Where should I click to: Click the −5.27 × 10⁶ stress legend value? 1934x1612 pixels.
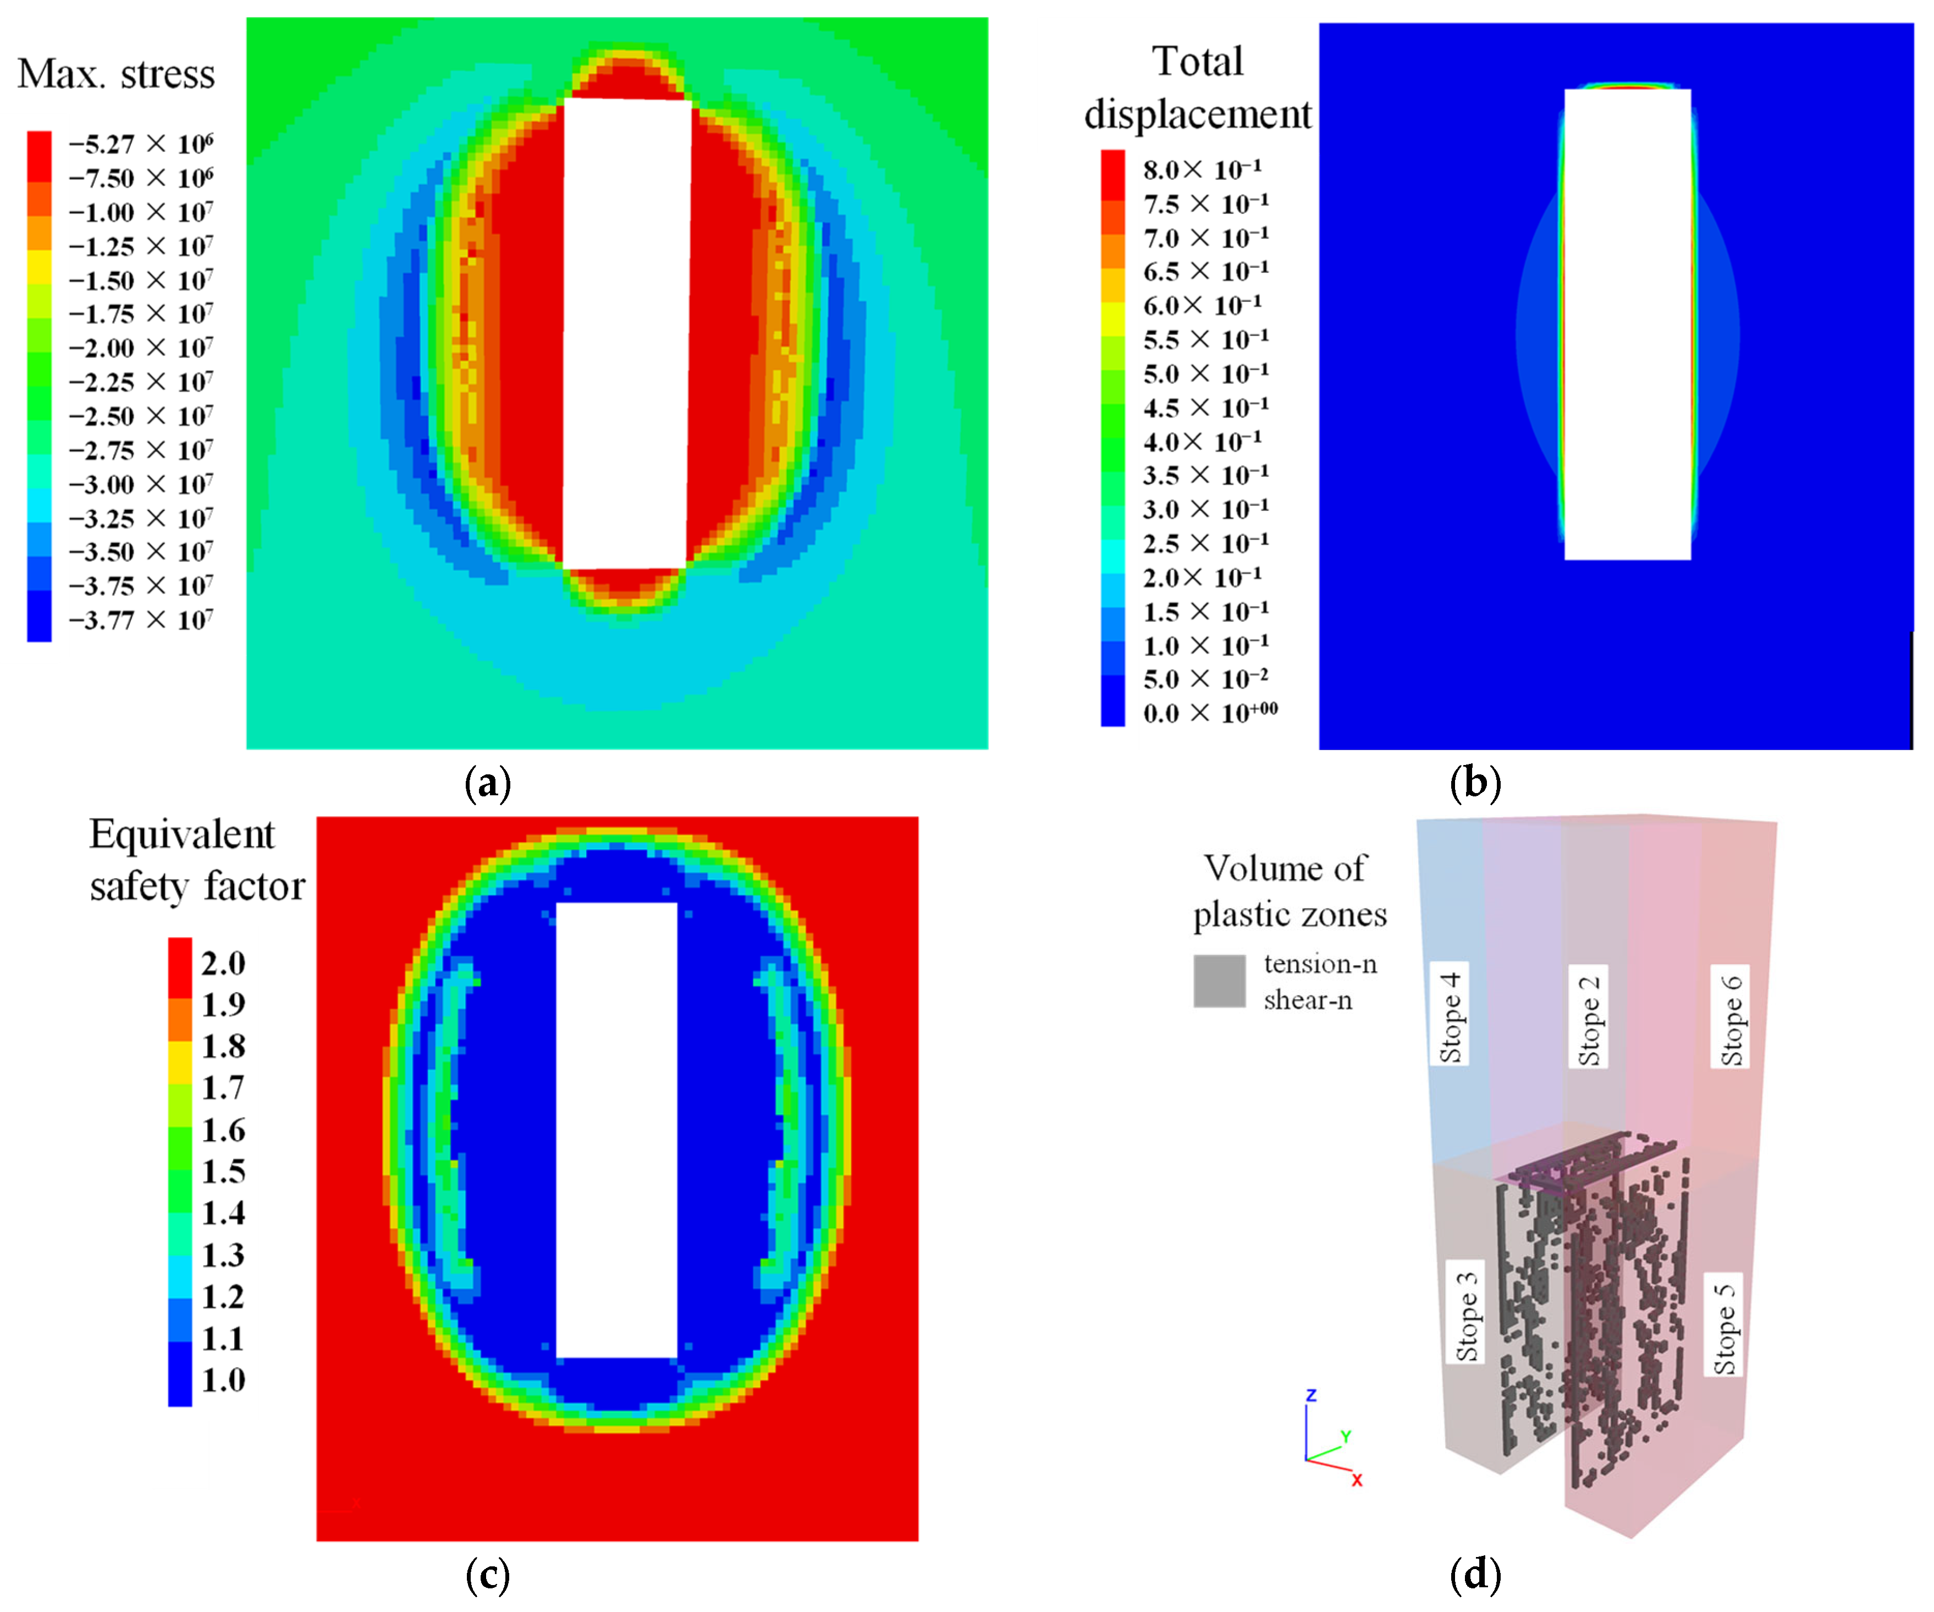pyautogui.click(x=140, y=145)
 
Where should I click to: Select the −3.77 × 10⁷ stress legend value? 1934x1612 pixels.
pyautogui.click(x=140, y=620)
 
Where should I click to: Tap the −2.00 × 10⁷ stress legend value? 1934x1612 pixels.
pyautogui.click(x=140, y=348)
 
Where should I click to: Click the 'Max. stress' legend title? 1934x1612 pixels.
pyautogui.click(x=116, y=74)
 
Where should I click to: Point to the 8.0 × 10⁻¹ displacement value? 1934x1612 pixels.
pyautogui.click(x=1202, y=169)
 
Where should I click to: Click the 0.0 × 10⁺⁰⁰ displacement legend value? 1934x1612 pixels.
pyautogui.click(x=1209, y=713)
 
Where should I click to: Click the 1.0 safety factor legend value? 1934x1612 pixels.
pyautogui.click(x=223, y=1380)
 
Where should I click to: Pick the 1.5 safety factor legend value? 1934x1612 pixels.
pyautogui.click(x=223, y=1171)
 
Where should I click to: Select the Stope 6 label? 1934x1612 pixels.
pyautogui.click(x=1732, y=1017)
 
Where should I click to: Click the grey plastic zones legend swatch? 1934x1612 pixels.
pyautogui.click(x=1219, y=981)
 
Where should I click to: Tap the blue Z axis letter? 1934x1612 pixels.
pyautogui.click(x=1312, y=1395)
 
